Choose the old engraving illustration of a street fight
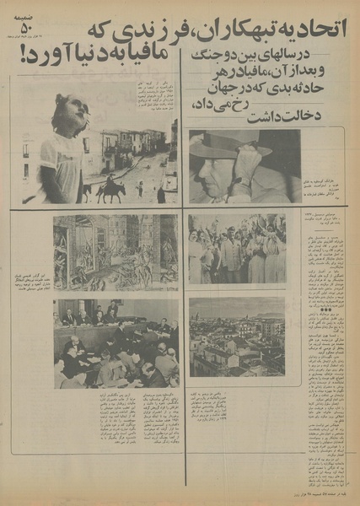116,250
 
